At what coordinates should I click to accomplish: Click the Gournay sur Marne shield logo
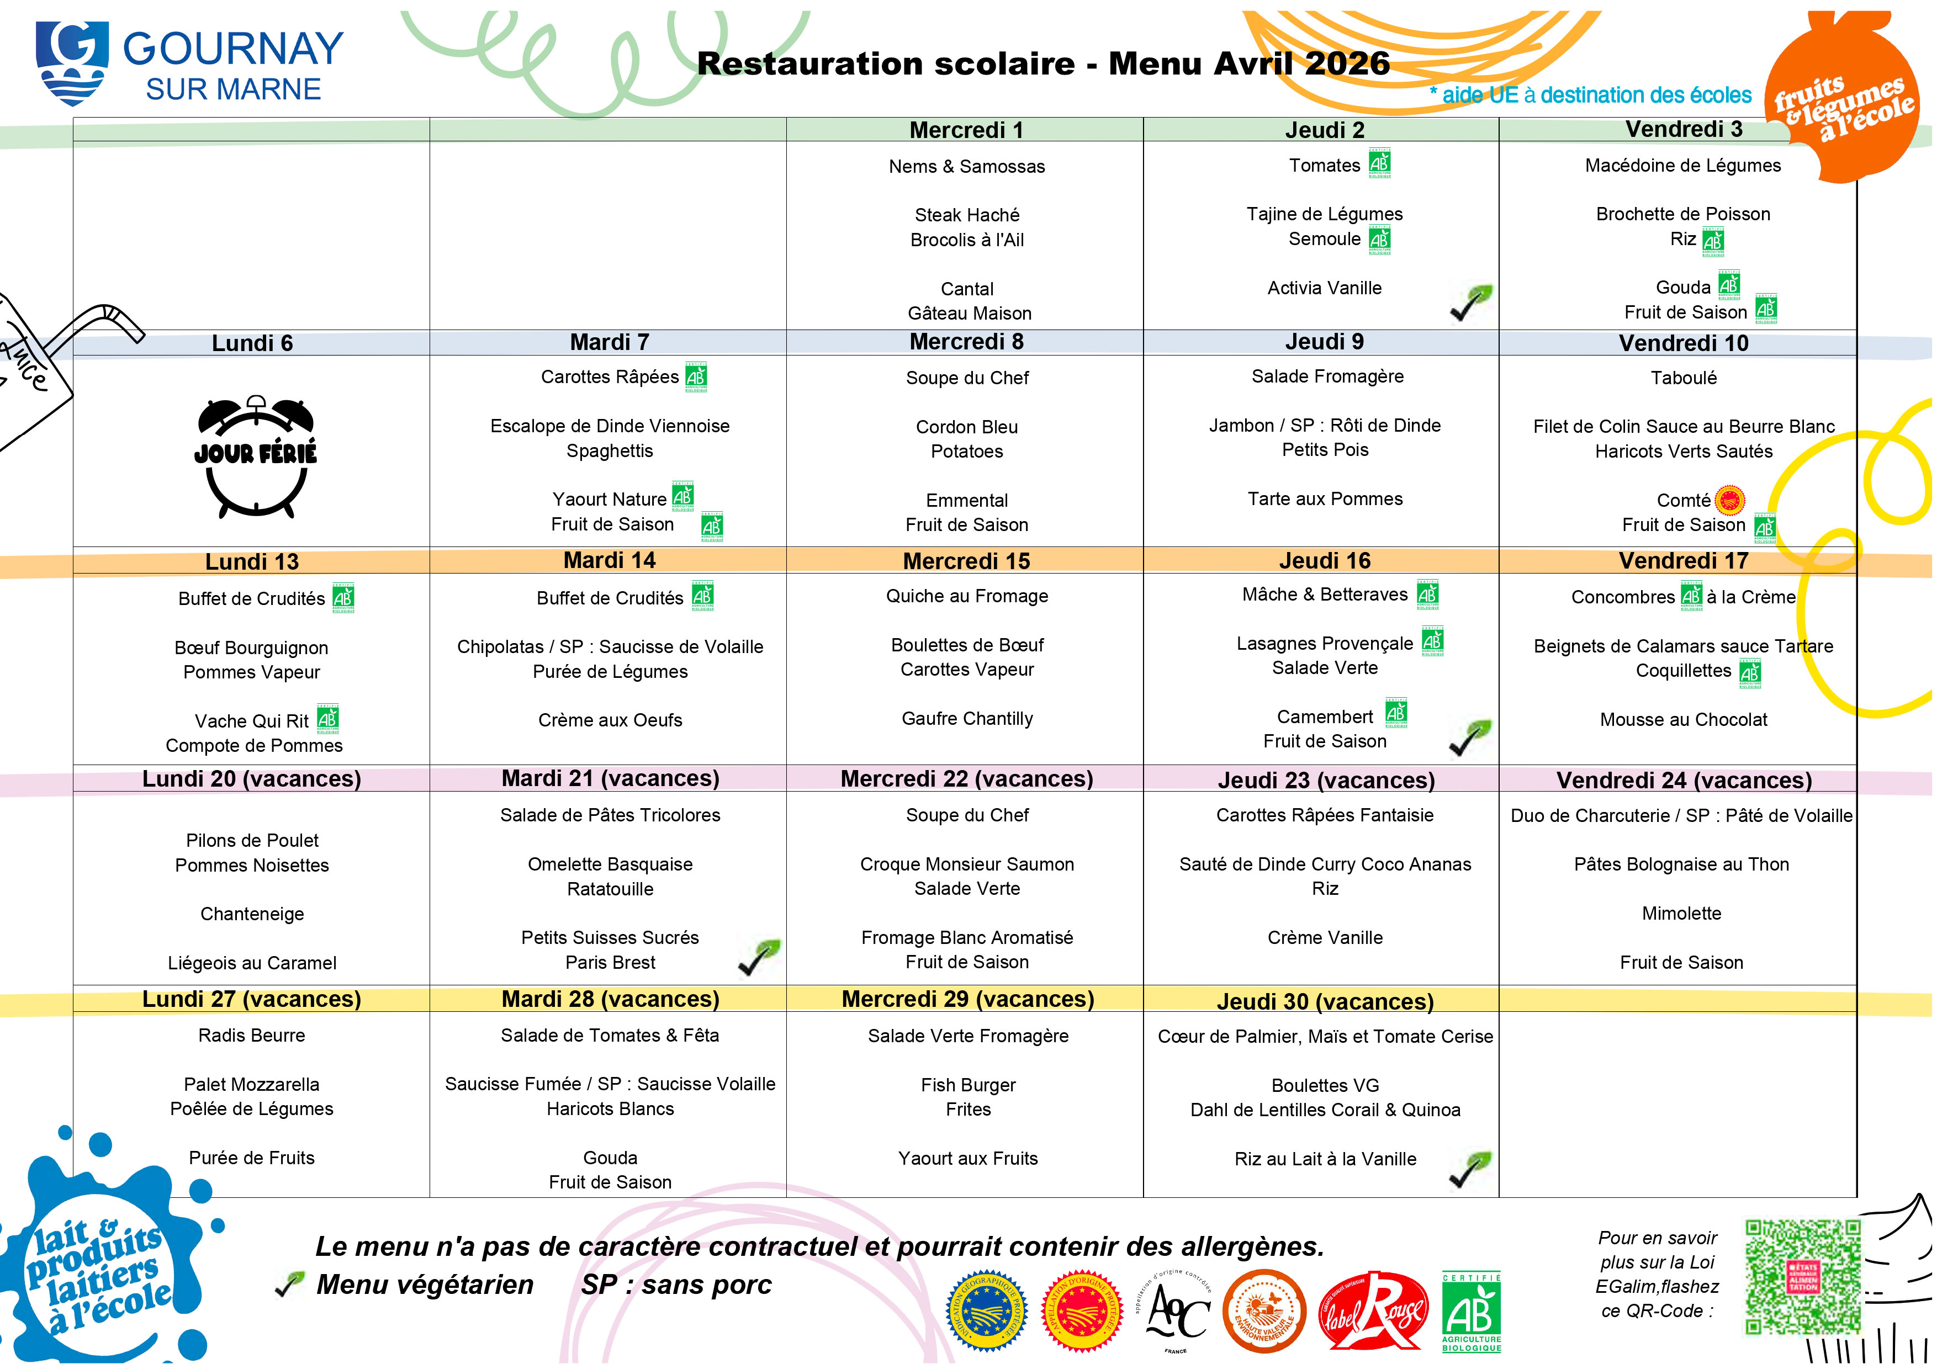[72, 63]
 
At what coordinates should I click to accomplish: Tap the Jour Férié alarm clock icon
[256, 455]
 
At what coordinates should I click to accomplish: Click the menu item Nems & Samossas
[967, 166]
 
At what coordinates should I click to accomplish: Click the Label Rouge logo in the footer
[1373, 1311]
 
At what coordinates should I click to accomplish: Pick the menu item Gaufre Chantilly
[967, 719]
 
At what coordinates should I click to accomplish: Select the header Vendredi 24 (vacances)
[1683, 780]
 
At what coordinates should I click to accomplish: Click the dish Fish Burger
[967, 1085]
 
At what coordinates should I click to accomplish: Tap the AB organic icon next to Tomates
[1379, 163]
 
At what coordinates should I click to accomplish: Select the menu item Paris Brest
[610, 962]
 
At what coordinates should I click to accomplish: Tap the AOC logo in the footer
[1178, 1311]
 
